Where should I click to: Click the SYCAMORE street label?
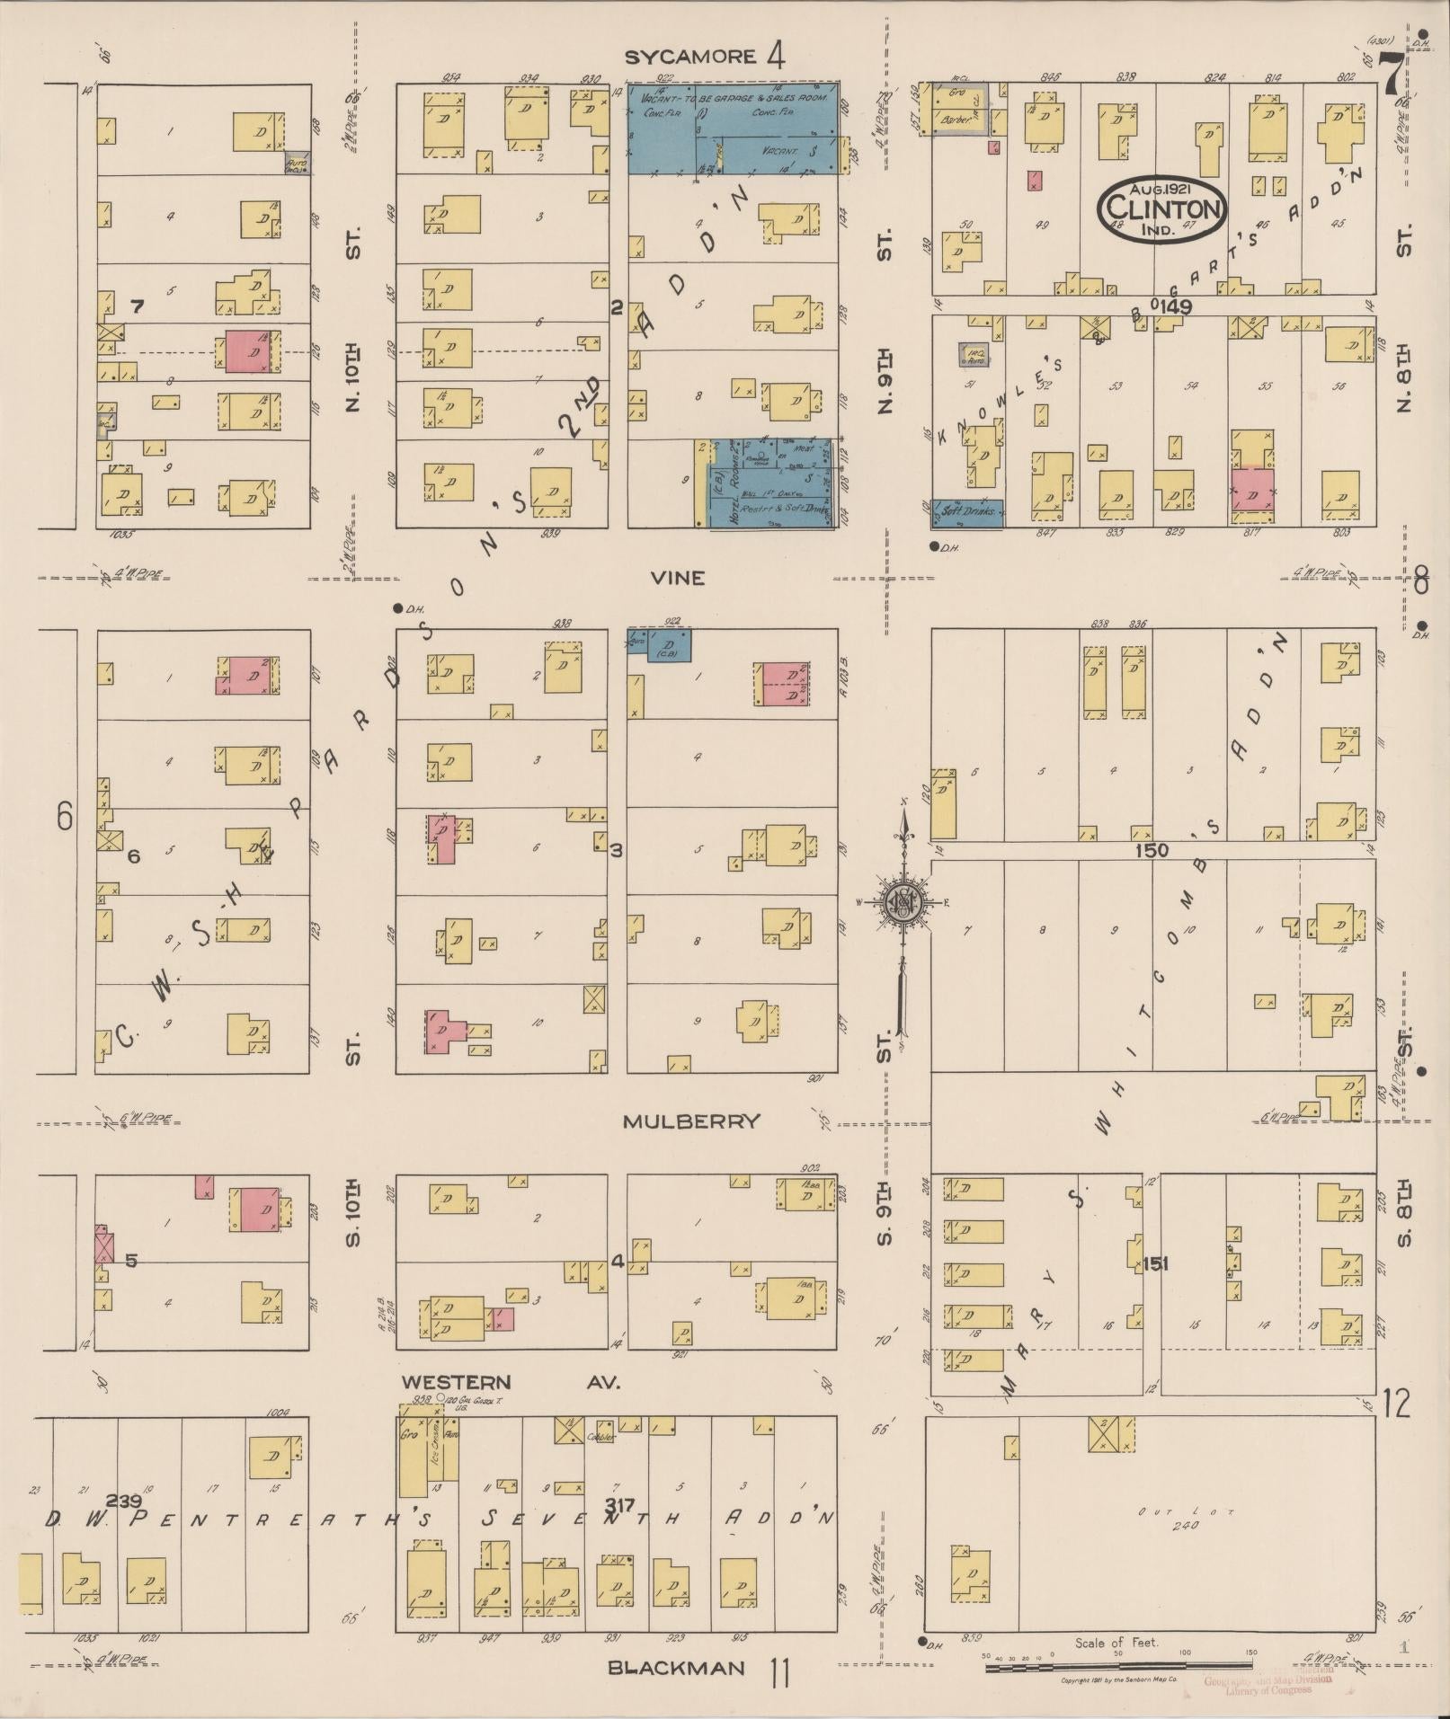pyautogui.click(x=689, y=58)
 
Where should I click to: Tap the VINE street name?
pyautogui.click(x=680, y=578)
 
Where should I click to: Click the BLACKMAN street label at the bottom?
pyautogui.click(x=676, y=1668)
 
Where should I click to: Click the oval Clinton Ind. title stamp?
pyautogui.click(x=1161, y=208)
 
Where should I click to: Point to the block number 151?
pyautogui.click(x=1155, y=1264)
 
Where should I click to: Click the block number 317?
pyautogui.click(x=619, y=1503)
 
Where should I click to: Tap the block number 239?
pyautogui.click(x=123, y=1500)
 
